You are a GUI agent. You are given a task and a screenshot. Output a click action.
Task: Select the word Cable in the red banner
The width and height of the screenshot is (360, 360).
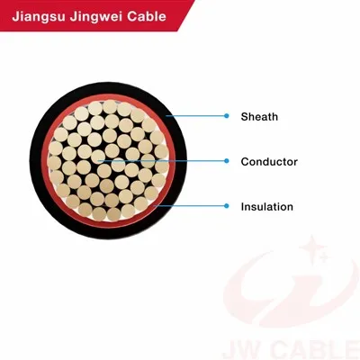147,15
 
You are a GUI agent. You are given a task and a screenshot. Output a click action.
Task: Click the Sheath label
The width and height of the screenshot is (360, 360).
259,116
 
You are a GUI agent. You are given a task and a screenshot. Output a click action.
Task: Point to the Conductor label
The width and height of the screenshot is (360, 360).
269,162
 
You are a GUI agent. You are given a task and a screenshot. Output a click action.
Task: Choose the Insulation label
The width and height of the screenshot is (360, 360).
267,207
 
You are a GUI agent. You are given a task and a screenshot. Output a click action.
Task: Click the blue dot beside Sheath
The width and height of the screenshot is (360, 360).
227,116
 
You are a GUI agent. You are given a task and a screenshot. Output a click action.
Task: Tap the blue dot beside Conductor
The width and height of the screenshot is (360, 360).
227,161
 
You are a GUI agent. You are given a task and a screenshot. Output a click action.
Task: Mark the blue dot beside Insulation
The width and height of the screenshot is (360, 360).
227,206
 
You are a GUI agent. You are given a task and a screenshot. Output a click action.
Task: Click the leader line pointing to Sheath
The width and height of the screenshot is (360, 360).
195,116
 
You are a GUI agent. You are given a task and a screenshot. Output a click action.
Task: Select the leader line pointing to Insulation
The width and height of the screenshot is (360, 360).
190,206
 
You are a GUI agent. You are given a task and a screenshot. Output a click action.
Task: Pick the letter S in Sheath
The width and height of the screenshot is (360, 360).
245,117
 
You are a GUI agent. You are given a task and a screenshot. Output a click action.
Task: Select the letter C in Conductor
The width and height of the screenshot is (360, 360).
246,162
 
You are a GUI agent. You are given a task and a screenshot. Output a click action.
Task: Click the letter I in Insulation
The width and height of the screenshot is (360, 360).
243,207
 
